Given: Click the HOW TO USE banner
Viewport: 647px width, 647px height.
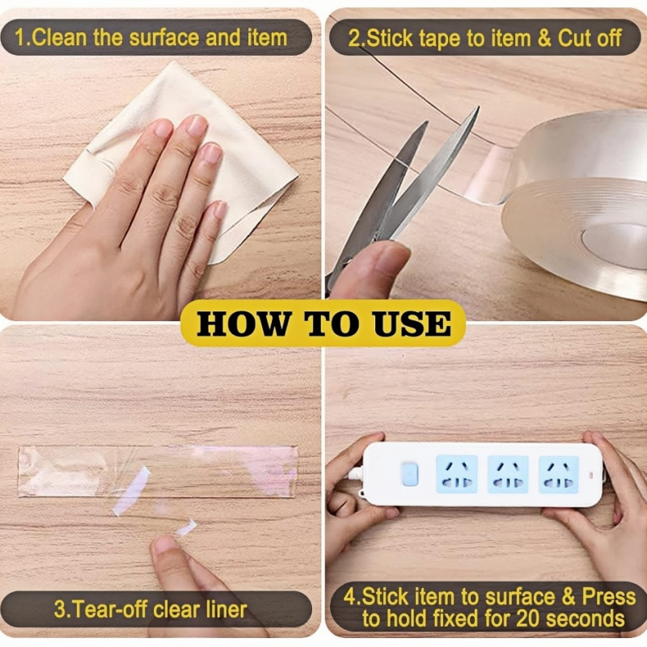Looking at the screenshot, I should click(323, 323).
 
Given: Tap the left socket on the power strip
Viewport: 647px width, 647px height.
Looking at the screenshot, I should click(455, 474).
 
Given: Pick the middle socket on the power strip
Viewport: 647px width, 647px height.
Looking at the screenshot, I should click(508, 474).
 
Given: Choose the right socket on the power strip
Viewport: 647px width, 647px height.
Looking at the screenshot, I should click(560, 474).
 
